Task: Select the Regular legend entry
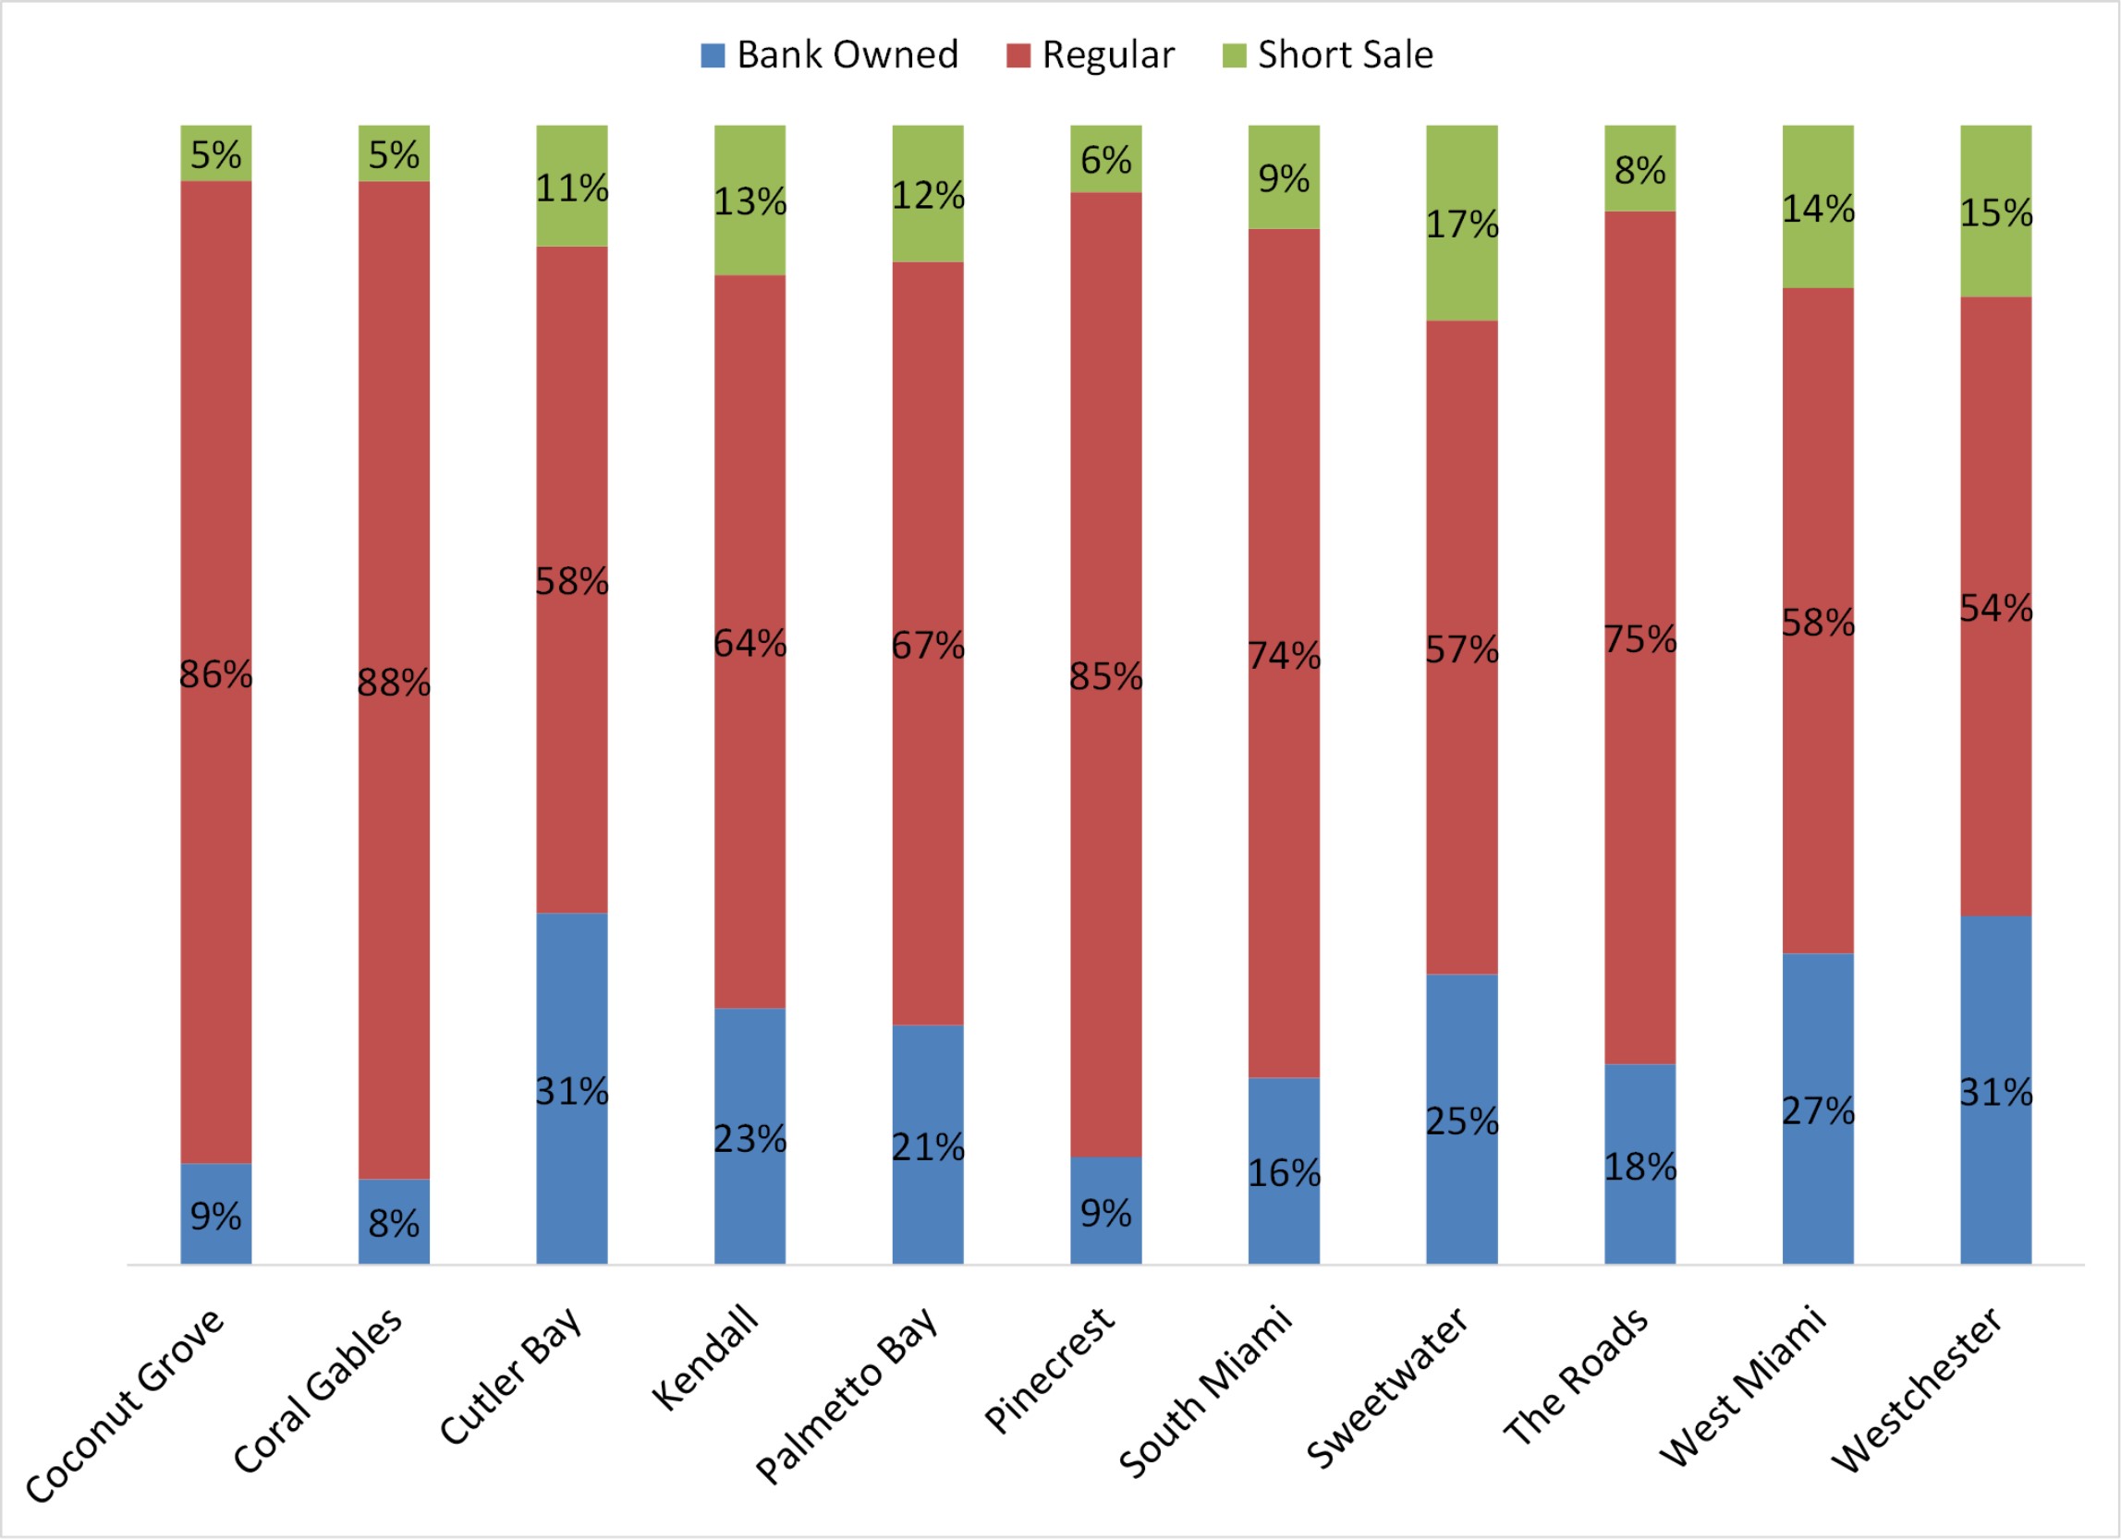(x=1091, y=55)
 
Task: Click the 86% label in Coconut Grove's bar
(x=216, y=674)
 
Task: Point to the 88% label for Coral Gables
(x=394, y=684)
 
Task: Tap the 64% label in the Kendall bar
(x=750, y=643)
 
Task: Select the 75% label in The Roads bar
(x=1640, y=639)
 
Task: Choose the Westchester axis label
(x=1917, y=1389)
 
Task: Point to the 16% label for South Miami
(x=1284, y=1173)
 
